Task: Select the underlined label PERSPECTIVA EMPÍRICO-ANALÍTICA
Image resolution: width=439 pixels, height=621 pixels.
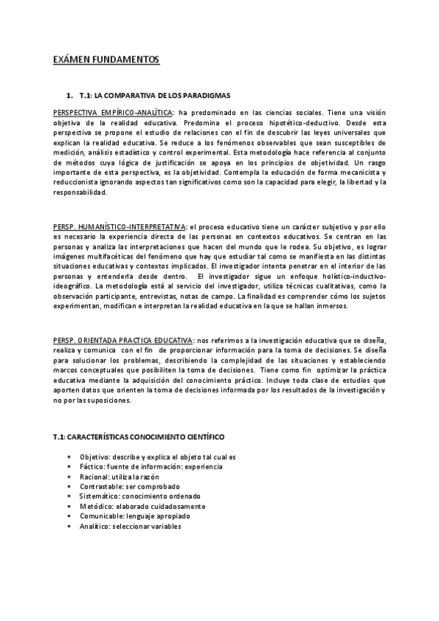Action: click(x=114, y=111)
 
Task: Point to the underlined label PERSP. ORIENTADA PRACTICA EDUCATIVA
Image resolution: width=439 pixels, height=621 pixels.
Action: click(x=124, y=341)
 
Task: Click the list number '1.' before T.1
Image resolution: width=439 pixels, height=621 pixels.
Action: click(x=70, y=96)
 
